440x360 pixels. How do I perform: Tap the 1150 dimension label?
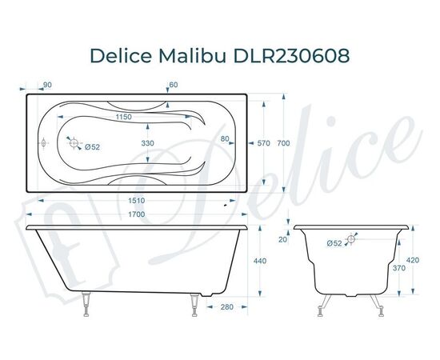[122, 118]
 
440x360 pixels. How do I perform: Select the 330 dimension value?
[147, 143]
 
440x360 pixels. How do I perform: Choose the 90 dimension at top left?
[47, 85]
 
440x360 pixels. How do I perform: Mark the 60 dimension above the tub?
[173, 85]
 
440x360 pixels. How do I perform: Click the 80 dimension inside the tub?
[226, 139]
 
